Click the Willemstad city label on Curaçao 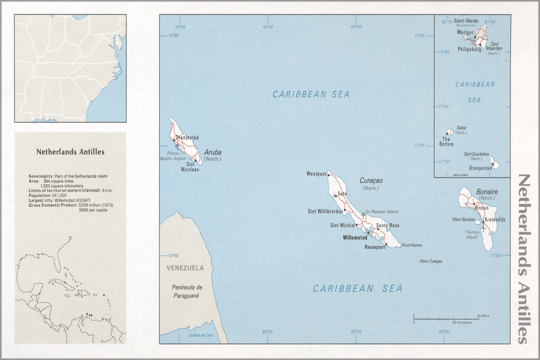(x=355, y=237)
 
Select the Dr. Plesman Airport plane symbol (x=363, y=215)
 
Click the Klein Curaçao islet (x=418, y=258)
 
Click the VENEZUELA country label (x=185, y=268)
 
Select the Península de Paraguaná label (x=187, y=291)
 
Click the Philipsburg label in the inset (x=469, y=50)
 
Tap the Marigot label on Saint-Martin (x=465, y=32)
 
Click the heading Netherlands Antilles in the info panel (x=70, y=152)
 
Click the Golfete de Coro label (x=201, y=335)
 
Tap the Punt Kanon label (x=412, y=245)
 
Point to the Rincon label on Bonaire (x=481, y=208)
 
